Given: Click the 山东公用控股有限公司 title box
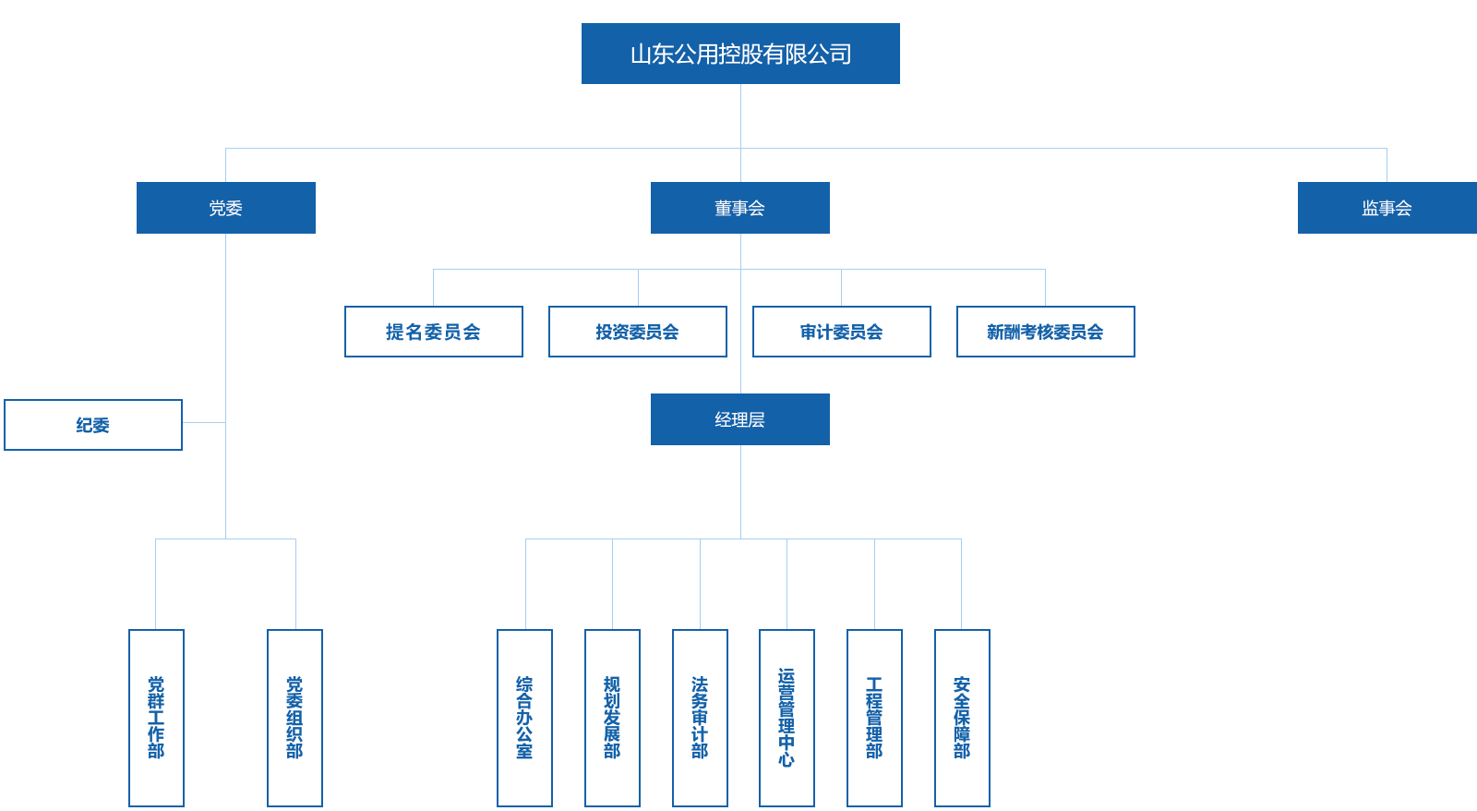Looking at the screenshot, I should point(740,54).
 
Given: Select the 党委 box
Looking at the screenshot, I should point(226,208).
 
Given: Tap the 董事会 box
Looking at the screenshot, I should point(740,208).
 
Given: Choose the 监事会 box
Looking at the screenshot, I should point(1387,208).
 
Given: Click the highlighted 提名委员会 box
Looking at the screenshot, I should point(434,332).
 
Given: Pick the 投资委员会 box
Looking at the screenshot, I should point(638,332).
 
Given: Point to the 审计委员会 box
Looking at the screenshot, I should point(842,332).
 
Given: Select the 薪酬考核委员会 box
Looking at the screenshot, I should point(1046,332).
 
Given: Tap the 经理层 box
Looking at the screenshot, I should point(740,419).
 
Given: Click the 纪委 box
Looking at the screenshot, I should point(93,425).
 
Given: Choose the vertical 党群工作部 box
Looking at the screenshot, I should point(156,718).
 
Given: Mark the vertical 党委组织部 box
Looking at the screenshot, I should point(294,718).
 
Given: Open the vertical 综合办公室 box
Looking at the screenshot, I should point(524,718).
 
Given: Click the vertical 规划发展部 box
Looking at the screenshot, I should point(612,718).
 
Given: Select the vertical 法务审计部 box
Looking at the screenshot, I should point(700,718).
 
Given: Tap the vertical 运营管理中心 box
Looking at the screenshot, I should point(787,718).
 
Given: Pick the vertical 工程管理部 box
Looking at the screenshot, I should point(874,718).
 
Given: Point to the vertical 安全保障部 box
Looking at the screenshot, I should point(962,718).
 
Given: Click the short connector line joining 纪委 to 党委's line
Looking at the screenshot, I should point(204,423).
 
